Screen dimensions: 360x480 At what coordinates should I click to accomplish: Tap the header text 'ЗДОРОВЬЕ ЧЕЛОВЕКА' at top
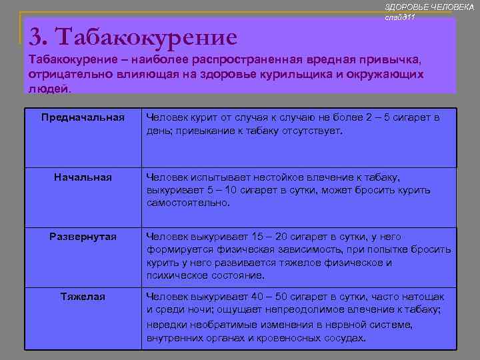(429, 6)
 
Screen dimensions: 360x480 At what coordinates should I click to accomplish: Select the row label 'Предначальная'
(83, 118)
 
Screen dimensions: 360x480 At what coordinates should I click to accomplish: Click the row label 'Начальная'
(83, 177)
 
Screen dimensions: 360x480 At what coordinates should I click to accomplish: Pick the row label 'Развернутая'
(83, 237)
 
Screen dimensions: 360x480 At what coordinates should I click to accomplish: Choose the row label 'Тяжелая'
(83, 296)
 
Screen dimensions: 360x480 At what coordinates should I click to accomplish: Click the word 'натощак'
(423, 296)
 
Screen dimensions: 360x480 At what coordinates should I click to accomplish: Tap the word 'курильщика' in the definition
(291, 73)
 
